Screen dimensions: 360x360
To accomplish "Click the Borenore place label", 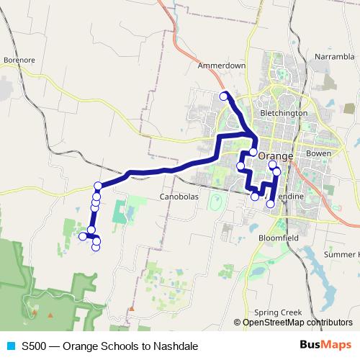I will pyautogui.click(x=19, y=60).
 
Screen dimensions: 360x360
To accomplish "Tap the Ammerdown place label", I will pyautogui.click(x=222, y=66).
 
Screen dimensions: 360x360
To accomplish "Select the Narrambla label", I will pyautogui.click(x=335, y=55).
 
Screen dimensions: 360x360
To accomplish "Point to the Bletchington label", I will pyautogui.click(x=284, y=113).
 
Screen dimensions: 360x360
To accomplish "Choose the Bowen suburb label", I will pyautogui.click(x=318, y=154).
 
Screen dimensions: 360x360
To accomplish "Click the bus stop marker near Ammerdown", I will pyautogui.click(x=224, y=96).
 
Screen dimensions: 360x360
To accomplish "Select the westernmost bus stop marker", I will pyautogui.click(x=83, y=235).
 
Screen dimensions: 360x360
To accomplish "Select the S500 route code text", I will pyautogui.click(x=35, y=346).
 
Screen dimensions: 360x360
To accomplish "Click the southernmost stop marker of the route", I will pyautogui.click(x=96, y=248).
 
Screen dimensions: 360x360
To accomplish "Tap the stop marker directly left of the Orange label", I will pyautogui.click(x=253, y=152).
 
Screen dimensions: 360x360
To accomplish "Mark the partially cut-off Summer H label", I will pyautogui.click(x=341, y=255).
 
